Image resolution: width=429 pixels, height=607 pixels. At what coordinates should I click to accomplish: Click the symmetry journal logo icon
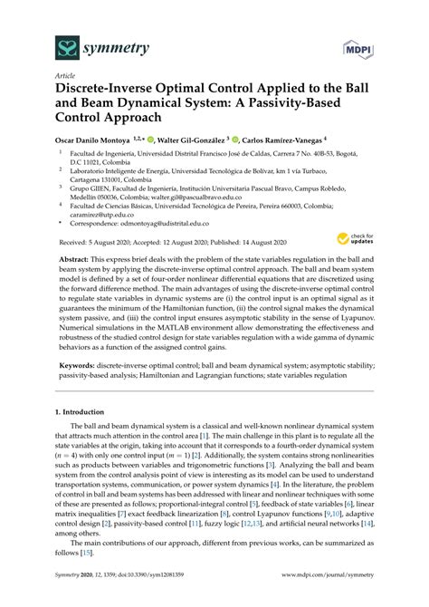(43, 45)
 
